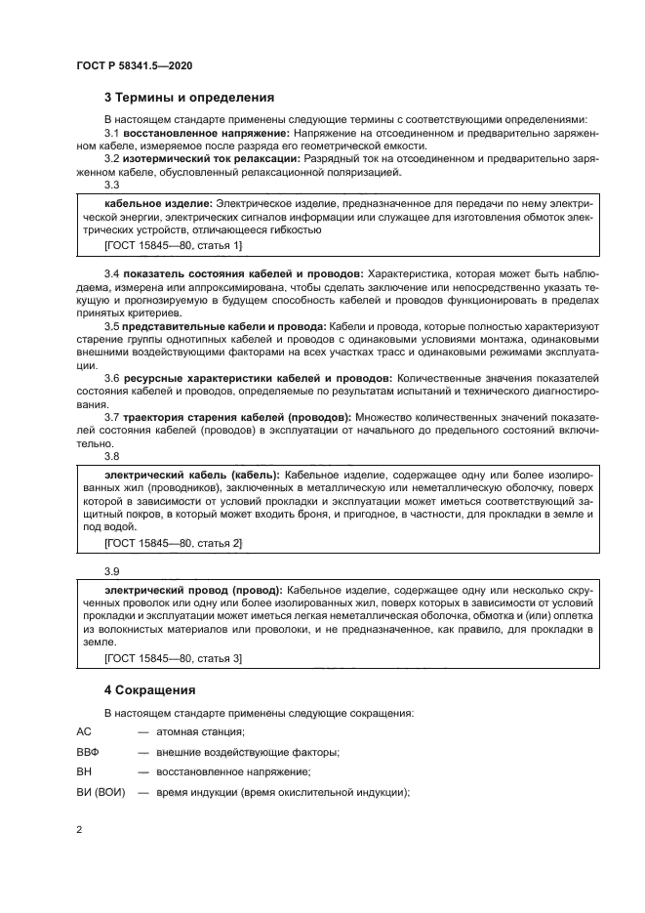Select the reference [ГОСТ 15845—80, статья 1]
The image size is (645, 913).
click(173, 245)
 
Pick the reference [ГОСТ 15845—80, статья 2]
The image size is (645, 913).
click(173, 542)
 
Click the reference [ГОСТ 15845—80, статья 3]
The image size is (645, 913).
click(173, 659)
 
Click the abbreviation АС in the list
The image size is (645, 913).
click(83, 731)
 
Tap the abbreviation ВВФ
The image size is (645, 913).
click(88, 752)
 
